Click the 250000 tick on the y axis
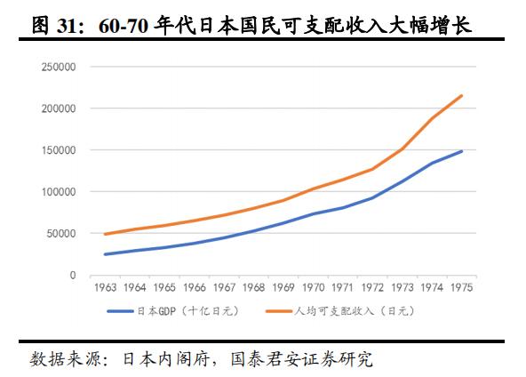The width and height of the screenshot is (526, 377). coord(58,67)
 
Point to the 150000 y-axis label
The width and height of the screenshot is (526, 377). coord(58,150)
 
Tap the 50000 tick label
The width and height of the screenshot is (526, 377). coord(60,234)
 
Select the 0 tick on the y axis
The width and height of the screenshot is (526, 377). coord(73,276)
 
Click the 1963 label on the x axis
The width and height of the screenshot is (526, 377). coord(105,287)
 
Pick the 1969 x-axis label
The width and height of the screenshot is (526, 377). coord(283,287)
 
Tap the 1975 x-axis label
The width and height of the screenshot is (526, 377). coord(460,287)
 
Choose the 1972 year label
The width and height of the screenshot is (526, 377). coord(371,287)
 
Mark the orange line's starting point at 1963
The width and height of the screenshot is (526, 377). coord(105,234)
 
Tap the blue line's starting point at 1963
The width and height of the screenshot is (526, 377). coord(105,254)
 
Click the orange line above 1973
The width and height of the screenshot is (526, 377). coord(402,148)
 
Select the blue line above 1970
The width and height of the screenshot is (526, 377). coord(313,213)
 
